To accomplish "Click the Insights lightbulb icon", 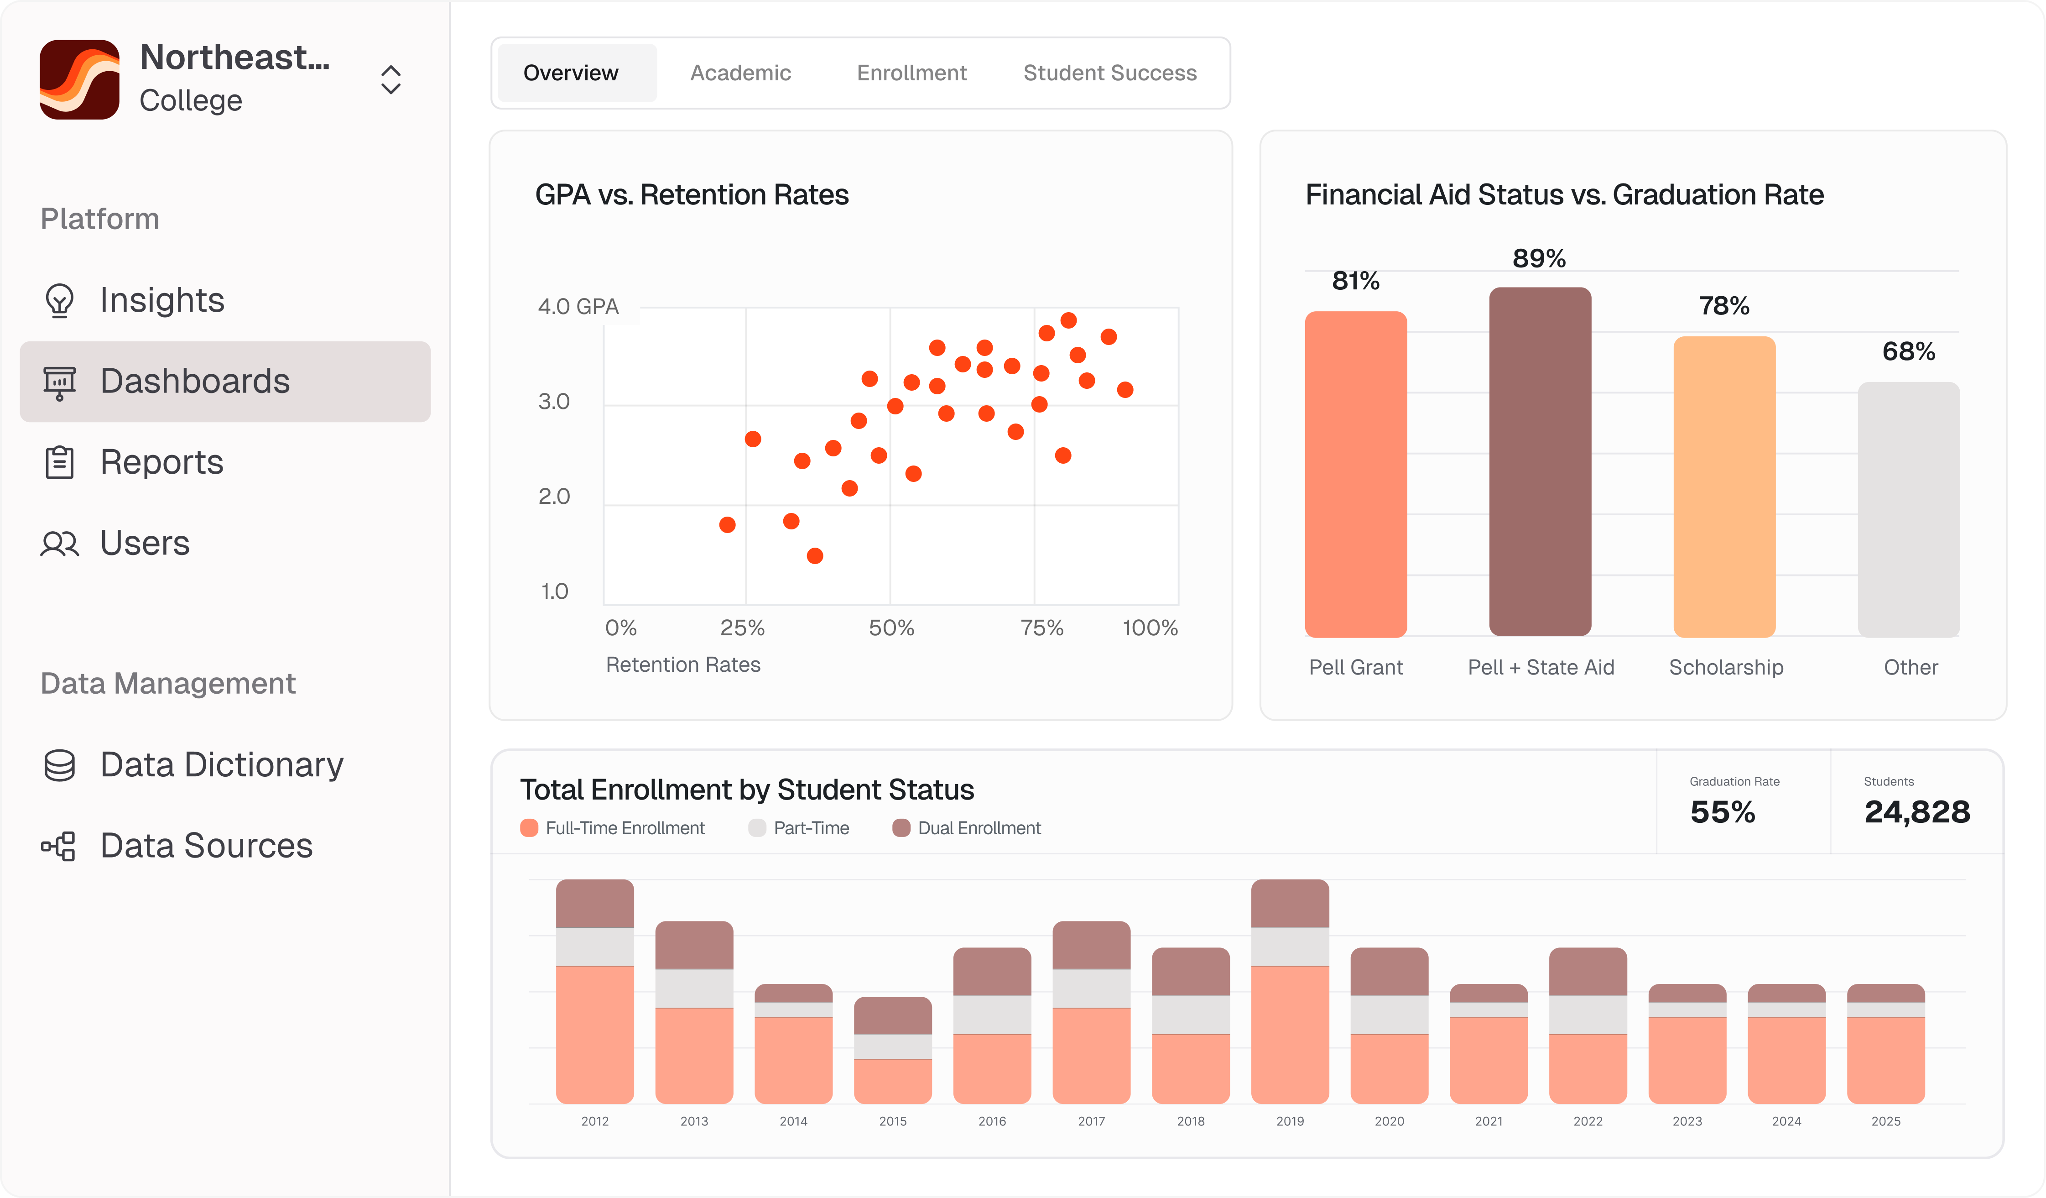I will pos(59,300).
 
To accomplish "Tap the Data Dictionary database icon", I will pos(59,765).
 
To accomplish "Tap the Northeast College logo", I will pos(79,79).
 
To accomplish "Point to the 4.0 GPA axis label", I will pos(578,307).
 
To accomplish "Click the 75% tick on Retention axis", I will pos(1041,628).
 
